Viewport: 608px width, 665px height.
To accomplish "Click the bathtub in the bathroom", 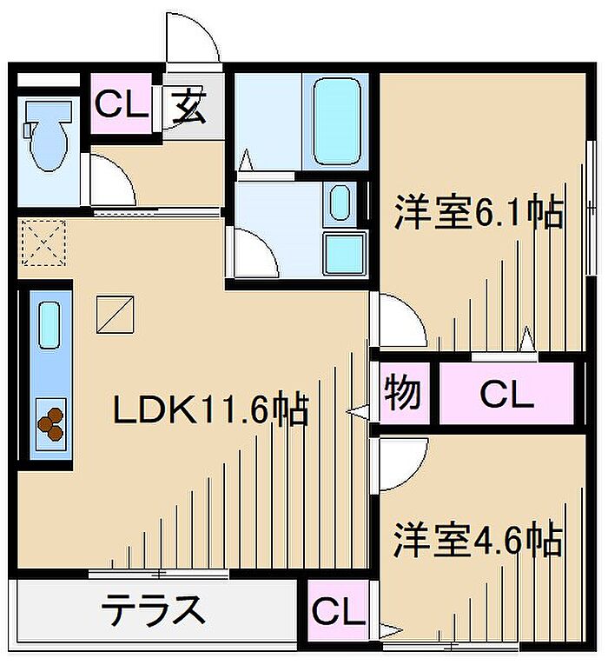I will click(x=336, y=123).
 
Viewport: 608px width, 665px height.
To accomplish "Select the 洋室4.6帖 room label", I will click(x=477, y=541).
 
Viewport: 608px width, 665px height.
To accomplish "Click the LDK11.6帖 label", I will click(x=210, y=409).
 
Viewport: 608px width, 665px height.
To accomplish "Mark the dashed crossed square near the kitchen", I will click(x=43, y=242).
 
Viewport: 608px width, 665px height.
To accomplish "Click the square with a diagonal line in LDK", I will click(x=116, y=314).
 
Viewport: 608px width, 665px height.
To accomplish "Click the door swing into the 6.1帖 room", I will click(x=400, y=322).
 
